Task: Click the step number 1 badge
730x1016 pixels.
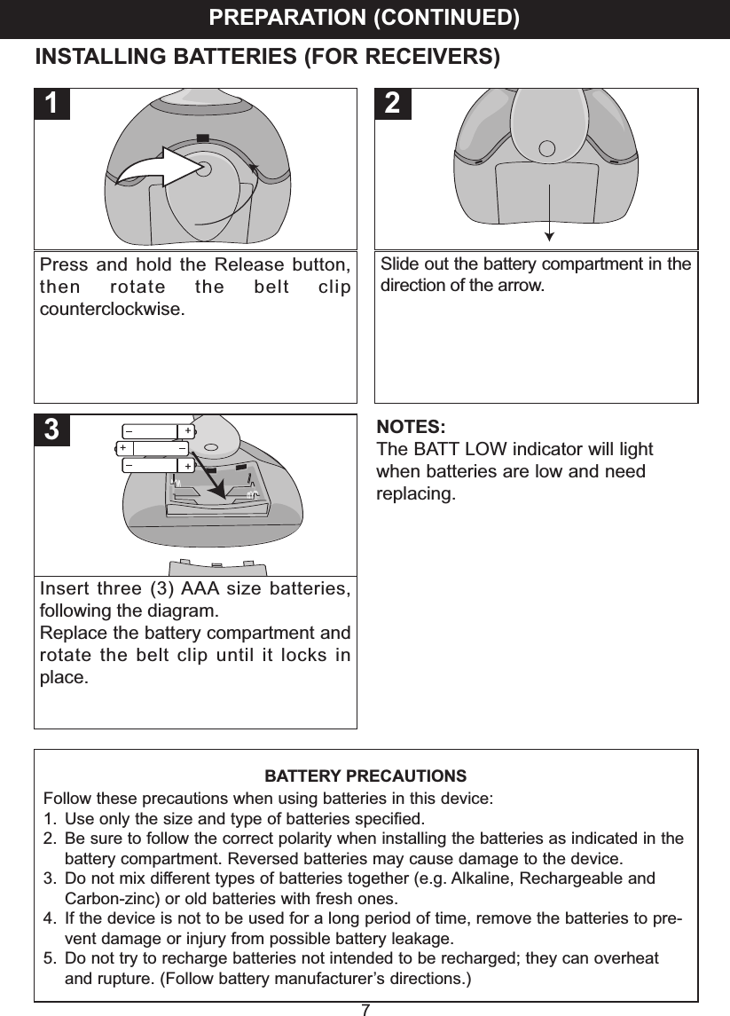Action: coord(54,104)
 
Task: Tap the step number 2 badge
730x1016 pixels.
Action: coord(393,104)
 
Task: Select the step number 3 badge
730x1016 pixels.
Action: coord(54,430)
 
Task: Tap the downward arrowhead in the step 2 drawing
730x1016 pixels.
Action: coord(550,235)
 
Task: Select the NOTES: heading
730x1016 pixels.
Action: coord(412,427)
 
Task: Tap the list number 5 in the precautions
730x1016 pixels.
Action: coord(50,959)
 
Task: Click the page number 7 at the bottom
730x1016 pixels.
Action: coord(365,1009)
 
